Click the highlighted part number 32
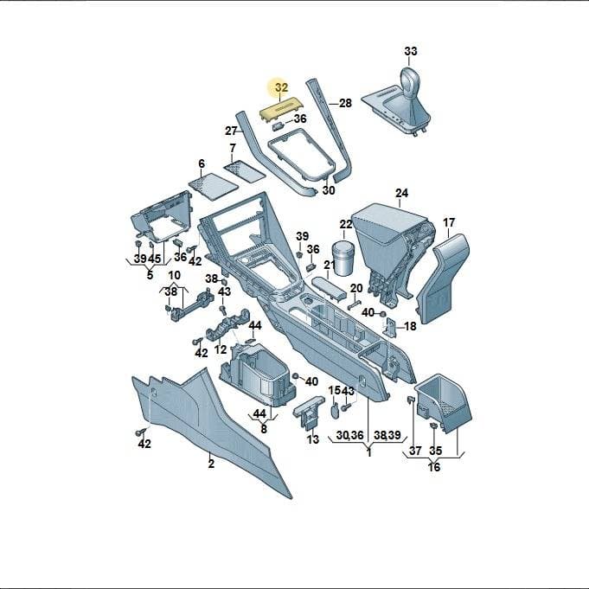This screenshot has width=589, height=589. (x=281, y=87)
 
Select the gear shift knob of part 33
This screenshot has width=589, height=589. (x=411, y=80)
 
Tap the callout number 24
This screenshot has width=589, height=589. (x=401, y=193)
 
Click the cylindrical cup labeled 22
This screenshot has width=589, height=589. (x=343, y=258)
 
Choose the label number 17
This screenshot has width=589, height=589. (x=449, y=223)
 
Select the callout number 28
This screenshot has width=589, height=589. (x=345, y=103)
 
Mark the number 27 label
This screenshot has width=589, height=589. (x=231, y=131)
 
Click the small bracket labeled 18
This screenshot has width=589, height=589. (x=389, y=327)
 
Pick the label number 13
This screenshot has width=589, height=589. (x=313, y=439)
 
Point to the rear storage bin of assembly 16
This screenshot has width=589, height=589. (x=443, y=403)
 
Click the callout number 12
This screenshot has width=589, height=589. (x=221, y=349)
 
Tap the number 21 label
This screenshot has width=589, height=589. (x=330, y=265)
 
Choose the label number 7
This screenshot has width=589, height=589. (x=233, y=148)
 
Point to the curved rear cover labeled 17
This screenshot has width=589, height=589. (x=443, y=278)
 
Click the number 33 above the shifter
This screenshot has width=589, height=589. (x=411, y=51)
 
